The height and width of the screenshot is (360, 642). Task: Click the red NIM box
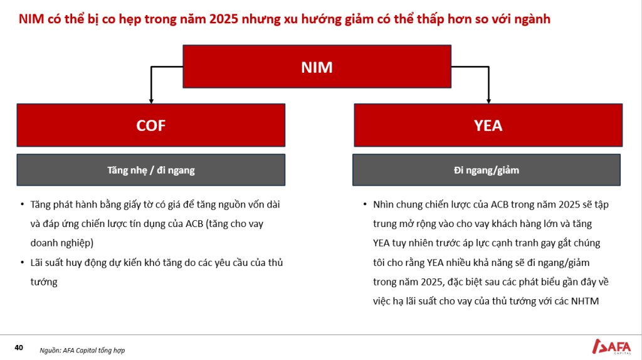point(317,66)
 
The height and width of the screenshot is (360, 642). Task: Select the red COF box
point(150,125)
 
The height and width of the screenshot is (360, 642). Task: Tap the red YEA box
point(488,125)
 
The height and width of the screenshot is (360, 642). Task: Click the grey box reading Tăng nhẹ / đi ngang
point(150,169)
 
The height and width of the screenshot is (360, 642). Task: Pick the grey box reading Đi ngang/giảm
point(487,169)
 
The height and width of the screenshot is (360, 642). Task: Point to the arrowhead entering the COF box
point(151,101)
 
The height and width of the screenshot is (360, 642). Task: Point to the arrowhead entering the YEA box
point(488,101)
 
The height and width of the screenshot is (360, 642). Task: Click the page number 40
point(19,347)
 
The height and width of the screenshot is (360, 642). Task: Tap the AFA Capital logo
point(611,346)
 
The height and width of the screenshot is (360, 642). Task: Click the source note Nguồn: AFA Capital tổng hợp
point(82,350)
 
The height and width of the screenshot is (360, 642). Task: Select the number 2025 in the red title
point(224,19)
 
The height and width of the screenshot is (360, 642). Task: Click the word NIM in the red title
point(31,19)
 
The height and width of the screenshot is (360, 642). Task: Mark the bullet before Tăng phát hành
point(23,204)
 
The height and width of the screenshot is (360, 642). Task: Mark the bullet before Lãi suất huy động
point(23,262)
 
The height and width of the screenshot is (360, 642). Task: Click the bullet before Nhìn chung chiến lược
point(365,204)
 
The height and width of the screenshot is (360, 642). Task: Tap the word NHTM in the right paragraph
point(585,301)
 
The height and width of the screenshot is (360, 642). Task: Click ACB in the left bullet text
point(194,224)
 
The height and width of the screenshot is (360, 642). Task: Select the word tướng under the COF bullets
point(44,282)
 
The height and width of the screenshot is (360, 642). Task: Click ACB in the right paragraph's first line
point(500,204)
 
